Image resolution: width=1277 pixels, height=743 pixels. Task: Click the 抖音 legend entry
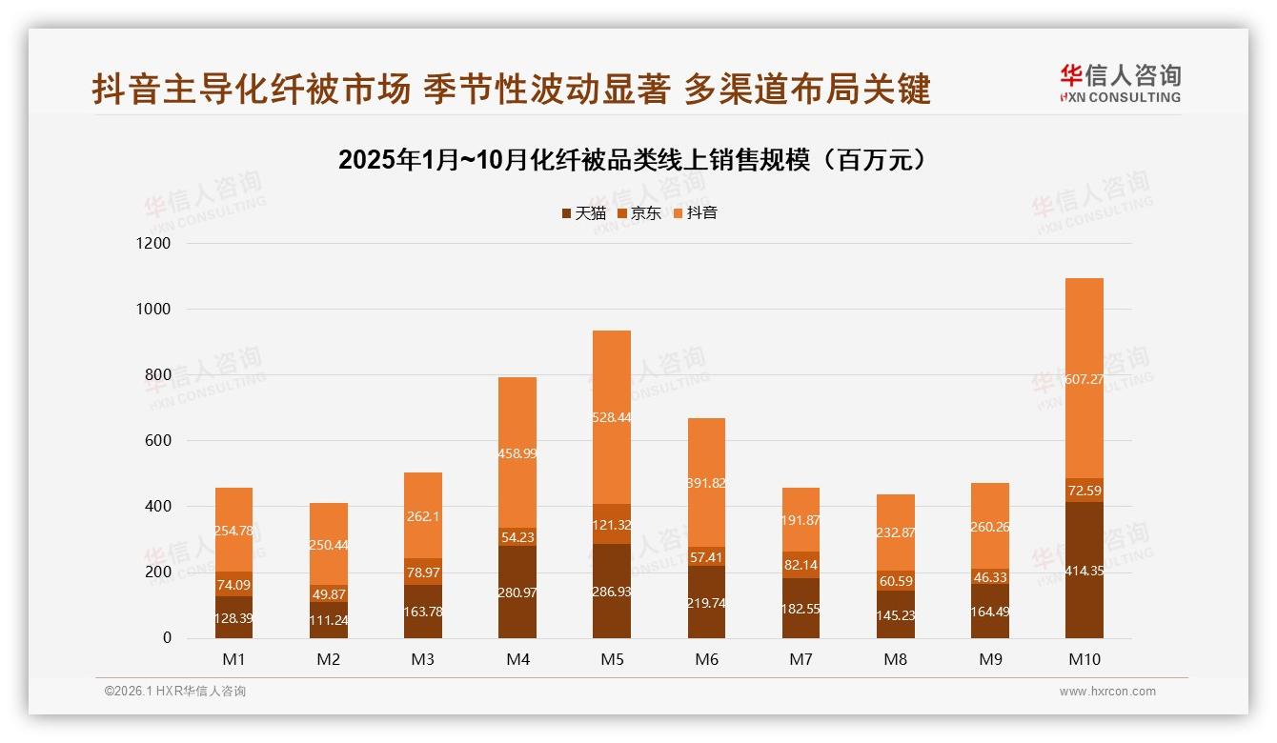pos(696,213)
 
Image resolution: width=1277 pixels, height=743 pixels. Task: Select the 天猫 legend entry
pos(583,213)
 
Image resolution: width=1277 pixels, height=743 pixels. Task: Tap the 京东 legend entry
pos(639,213)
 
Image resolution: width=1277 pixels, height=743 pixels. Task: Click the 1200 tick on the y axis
pos(152,244)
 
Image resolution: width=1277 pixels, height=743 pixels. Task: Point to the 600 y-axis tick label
pos(158,441)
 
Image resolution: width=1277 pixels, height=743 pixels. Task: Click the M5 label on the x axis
pos(611,659)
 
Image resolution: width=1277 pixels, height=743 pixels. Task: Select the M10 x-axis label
pos(1084,659)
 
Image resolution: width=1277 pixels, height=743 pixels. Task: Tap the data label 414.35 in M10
pos(1084,572)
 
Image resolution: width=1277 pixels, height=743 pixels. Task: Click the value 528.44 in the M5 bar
pos(611,417)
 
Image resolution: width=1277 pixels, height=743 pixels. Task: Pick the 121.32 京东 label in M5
pos(611,525)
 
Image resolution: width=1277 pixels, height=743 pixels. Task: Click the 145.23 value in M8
pos(895,616)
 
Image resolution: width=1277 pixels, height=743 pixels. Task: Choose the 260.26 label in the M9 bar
pos(989,527)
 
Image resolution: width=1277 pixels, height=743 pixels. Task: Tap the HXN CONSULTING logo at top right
pos(1120,84)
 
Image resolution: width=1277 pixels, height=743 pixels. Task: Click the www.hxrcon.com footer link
pos(1107,692)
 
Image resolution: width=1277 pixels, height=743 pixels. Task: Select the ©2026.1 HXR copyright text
pos(175,692)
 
